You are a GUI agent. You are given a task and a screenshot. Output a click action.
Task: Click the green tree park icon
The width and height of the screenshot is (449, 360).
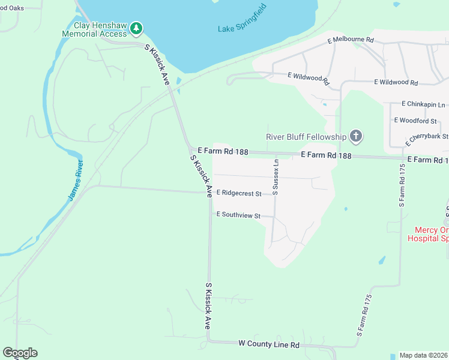[137, 28]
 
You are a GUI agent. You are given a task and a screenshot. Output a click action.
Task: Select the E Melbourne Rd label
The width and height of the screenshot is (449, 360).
[351, 40]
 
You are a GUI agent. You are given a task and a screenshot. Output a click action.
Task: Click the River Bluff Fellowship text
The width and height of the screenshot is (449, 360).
[307, 137]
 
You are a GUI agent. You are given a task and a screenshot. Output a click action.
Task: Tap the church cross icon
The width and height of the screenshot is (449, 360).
[356, 136]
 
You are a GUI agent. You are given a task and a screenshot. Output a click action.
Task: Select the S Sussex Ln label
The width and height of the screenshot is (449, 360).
[276, 176]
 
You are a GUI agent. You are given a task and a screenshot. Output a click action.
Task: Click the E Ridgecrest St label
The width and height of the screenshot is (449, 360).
[239, 193]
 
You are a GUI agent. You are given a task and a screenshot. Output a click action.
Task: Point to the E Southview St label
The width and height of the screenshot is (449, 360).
[238, 214]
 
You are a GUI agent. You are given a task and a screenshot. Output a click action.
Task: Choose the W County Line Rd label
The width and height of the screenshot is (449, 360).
[268, 344]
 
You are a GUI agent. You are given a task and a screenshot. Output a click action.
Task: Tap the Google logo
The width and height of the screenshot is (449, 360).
[20, 353]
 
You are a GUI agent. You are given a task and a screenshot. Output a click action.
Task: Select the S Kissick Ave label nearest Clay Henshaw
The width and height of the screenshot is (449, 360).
[157, 64]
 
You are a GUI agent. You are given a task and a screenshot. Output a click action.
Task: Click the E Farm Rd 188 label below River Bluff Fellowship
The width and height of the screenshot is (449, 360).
[326, 155]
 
